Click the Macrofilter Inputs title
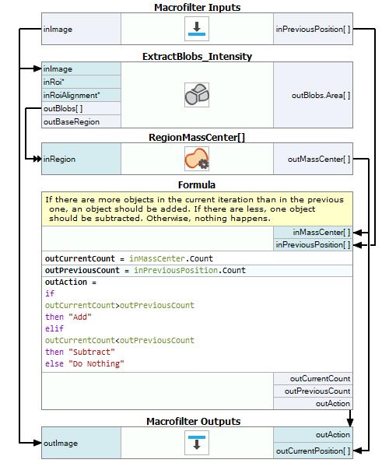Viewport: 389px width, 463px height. tap(197, 7)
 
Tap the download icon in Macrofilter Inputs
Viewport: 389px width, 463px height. tap(197, 29)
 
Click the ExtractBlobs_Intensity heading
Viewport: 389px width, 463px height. tap(197, 56)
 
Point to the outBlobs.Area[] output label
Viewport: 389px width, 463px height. tap(321, 95)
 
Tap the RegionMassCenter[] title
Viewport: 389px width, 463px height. tap(197, 137)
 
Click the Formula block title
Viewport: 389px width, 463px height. tap(197, 184)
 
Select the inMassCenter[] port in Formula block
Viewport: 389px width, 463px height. tap(321, 232)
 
